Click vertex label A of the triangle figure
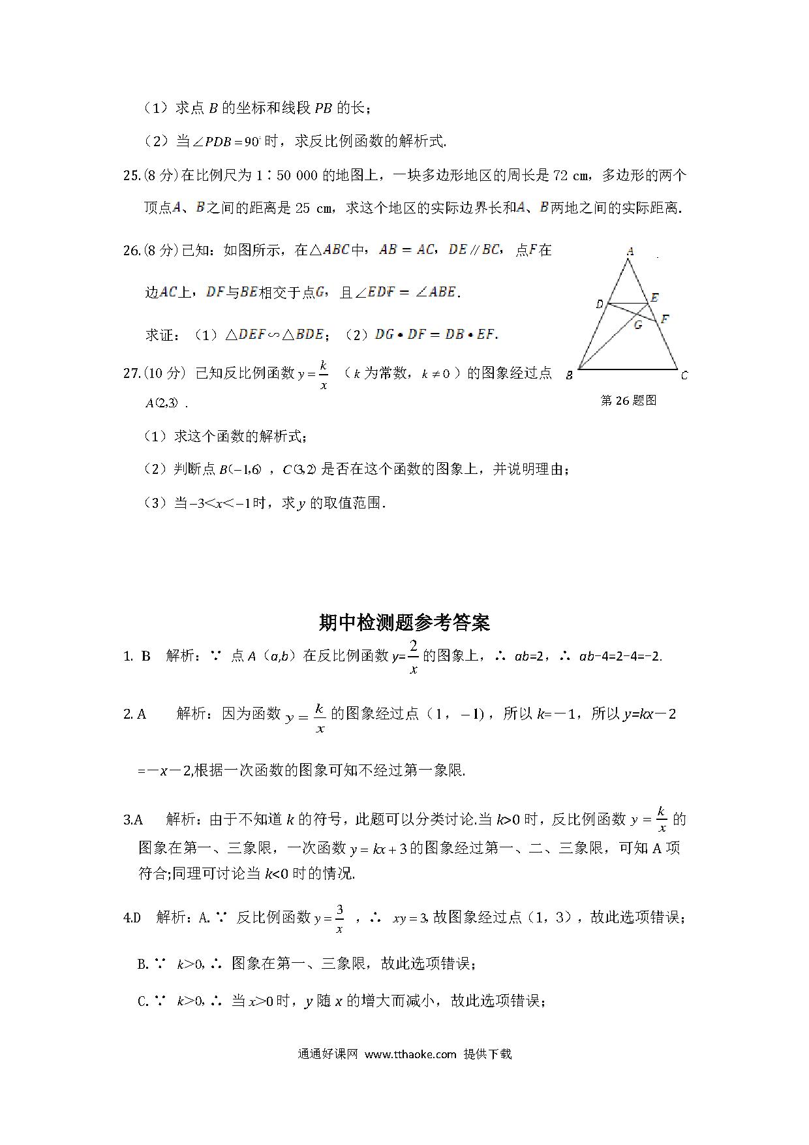[630, 251]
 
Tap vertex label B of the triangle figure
[570, 375]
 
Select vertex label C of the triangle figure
[684, 375]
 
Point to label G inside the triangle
[637, 324]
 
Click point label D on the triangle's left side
[600, 304]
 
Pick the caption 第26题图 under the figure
[628, 400]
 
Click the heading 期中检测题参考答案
[404, 623]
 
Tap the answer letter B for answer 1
[146, 656]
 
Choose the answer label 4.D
[132, 917]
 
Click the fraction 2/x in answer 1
[413, 657]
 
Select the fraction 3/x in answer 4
[339, 918]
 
